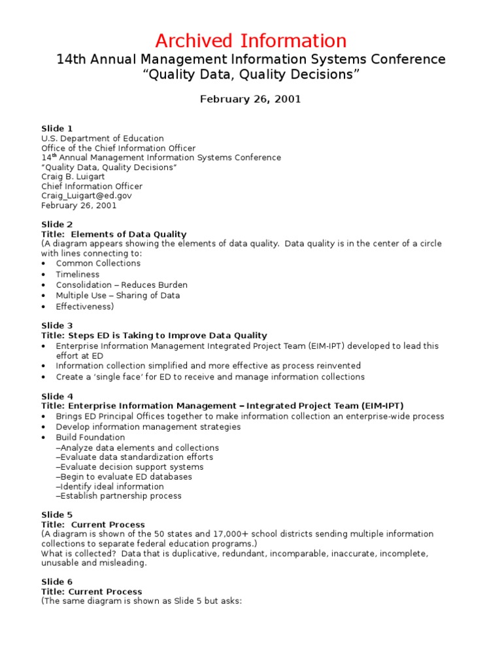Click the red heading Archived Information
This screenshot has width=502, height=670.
[251, 41]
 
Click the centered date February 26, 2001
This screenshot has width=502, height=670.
[250, 99]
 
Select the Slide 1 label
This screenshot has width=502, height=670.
[58, 129]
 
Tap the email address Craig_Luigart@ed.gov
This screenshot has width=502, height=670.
[87, 196]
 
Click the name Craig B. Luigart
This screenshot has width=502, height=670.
[73, 177]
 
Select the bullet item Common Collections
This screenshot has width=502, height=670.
[98, 263]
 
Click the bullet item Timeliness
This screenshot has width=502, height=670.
[78, 274]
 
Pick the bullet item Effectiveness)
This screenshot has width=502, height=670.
[84, 306]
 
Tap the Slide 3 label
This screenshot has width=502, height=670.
[58, 326]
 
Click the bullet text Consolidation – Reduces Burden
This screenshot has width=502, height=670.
[122, 285]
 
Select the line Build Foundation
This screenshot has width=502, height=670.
[90, 437]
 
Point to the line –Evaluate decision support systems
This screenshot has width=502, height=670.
[129, 467]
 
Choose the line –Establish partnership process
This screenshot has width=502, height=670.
[119, 496]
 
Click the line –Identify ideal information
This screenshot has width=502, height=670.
[110, 486]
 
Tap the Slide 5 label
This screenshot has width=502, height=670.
[58, 515]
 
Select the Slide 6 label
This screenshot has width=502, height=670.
[58, 582]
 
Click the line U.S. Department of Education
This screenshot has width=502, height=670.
[103, 139]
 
